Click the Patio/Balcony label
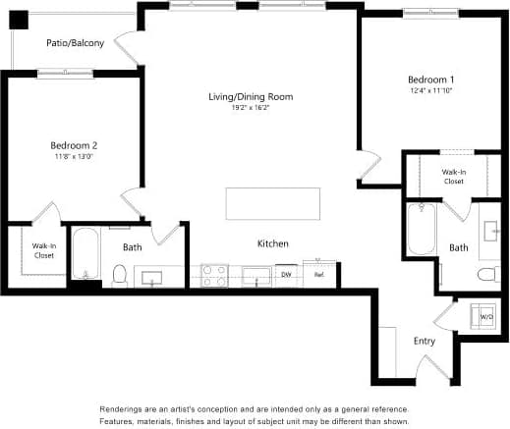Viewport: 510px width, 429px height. [75, 43]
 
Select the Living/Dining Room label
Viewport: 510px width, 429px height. [251, 96]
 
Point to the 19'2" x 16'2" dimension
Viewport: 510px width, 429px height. [251, 108]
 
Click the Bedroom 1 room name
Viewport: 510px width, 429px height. [432, 79]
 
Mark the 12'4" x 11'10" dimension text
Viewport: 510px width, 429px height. [432, 90]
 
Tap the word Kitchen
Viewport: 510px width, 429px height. [272, 242]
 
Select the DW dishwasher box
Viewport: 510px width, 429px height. [286, 275]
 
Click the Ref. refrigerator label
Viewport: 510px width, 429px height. [319, 275]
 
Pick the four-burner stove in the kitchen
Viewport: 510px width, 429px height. [214, 275]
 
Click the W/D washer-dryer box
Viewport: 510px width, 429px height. [484, 317]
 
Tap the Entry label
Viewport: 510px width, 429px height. [425, 341]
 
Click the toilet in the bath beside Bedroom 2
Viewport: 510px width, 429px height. [120, 276]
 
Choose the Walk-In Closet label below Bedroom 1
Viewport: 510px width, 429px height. [453, 177]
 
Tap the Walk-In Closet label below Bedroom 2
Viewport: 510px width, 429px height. [43, 250]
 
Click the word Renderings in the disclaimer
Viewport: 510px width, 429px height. [124, 409]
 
